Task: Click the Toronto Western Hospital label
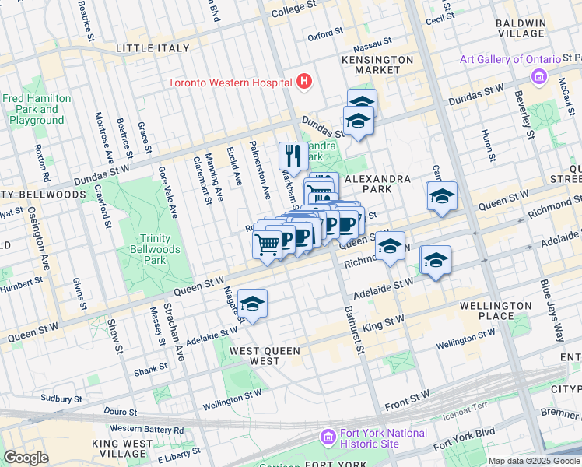pos(230,83)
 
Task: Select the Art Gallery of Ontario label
pos(510,60)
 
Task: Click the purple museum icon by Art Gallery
pos(538,76)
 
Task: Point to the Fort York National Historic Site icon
pos(327,438)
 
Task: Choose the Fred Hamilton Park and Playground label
pos(37,110)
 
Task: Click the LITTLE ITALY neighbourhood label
pos(152,48)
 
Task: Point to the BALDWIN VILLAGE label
pos(521,28)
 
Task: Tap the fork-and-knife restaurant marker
pos(293,155)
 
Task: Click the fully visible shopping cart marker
pos(267,244)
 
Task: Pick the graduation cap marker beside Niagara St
pos(252,304)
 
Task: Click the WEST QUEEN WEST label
pos(265,356)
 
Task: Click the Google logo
pos(26,458)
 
